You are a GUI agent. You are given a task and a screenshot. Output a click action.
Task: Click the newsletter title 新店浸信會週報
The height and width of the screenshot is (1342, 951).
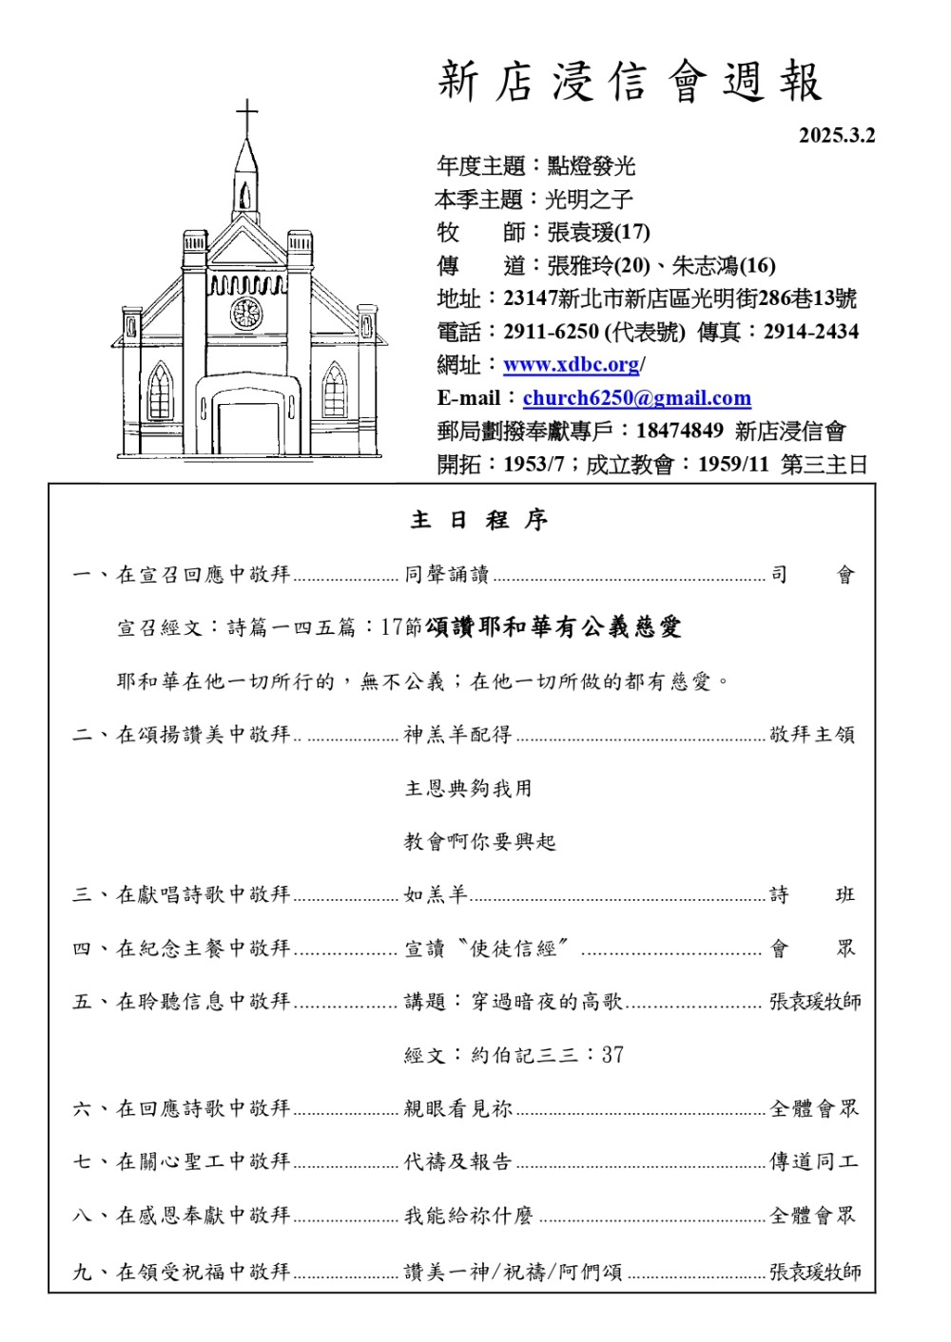click(x=630, y=83)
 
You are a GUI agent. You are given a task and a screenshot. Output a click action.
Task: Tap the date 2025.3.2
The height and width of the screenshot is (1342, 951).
click(x=836, y=135)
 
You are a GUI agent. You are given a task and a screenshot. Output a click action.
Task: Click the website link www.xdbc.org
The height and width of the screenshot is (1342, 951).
click(x=571, y=365)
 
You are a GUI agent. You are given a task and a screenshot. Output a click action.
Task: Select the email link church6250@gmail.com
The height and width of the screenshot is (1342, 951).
click(x=636, y=398)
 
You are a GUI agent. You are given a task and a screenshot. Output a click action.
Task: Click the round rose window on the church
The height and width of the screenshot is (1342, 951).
click(x=245, y=313)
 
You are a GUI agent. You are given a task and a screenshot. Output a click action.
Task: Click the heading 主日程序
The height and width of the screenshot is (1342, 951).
click(x=478, y=520)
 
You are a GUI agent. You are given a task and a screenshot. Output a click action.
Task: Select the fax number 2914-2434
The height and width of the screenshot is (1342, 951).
click(x=810, y=332)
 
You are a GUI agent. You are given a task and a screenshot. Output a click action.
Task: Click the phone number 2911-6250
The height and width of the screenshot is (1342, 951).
click(x=551, y=332)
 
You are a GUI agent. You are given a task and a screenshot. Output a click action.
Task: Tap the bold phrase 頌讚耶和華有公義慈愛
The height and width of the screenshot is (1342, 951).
click(x=553, y=627)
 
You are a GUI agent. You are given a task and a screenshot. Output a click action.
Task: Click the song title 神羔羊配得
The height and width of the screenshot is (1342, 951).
click(x=457, y=735)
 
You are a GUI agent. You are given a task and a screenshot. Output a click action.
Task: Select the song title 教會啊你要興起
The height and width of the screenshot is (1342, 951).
click(x=479, y=842)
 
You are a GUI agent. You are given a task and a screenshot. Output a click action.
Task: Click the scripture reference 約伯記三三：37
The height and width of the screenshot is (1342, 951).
click(x=547, y=1055)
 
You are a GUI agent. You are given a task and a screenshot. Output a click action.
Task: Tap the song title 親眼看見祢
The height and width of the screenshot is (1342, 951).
click(x=457, y=1108)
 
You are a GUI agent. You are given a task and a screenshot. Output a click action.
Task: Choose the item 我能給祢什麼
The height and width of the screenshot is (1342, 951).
click(x=468, y=1216)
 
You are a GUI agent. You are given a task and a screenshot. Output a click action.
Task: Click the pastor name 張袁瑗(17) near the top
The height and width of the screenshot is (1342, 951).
click(x=598, y=232)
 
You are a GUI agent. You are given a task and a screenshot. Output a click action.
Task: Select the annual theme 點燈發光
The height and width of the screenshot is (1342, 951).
click(x=591, y=166)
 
